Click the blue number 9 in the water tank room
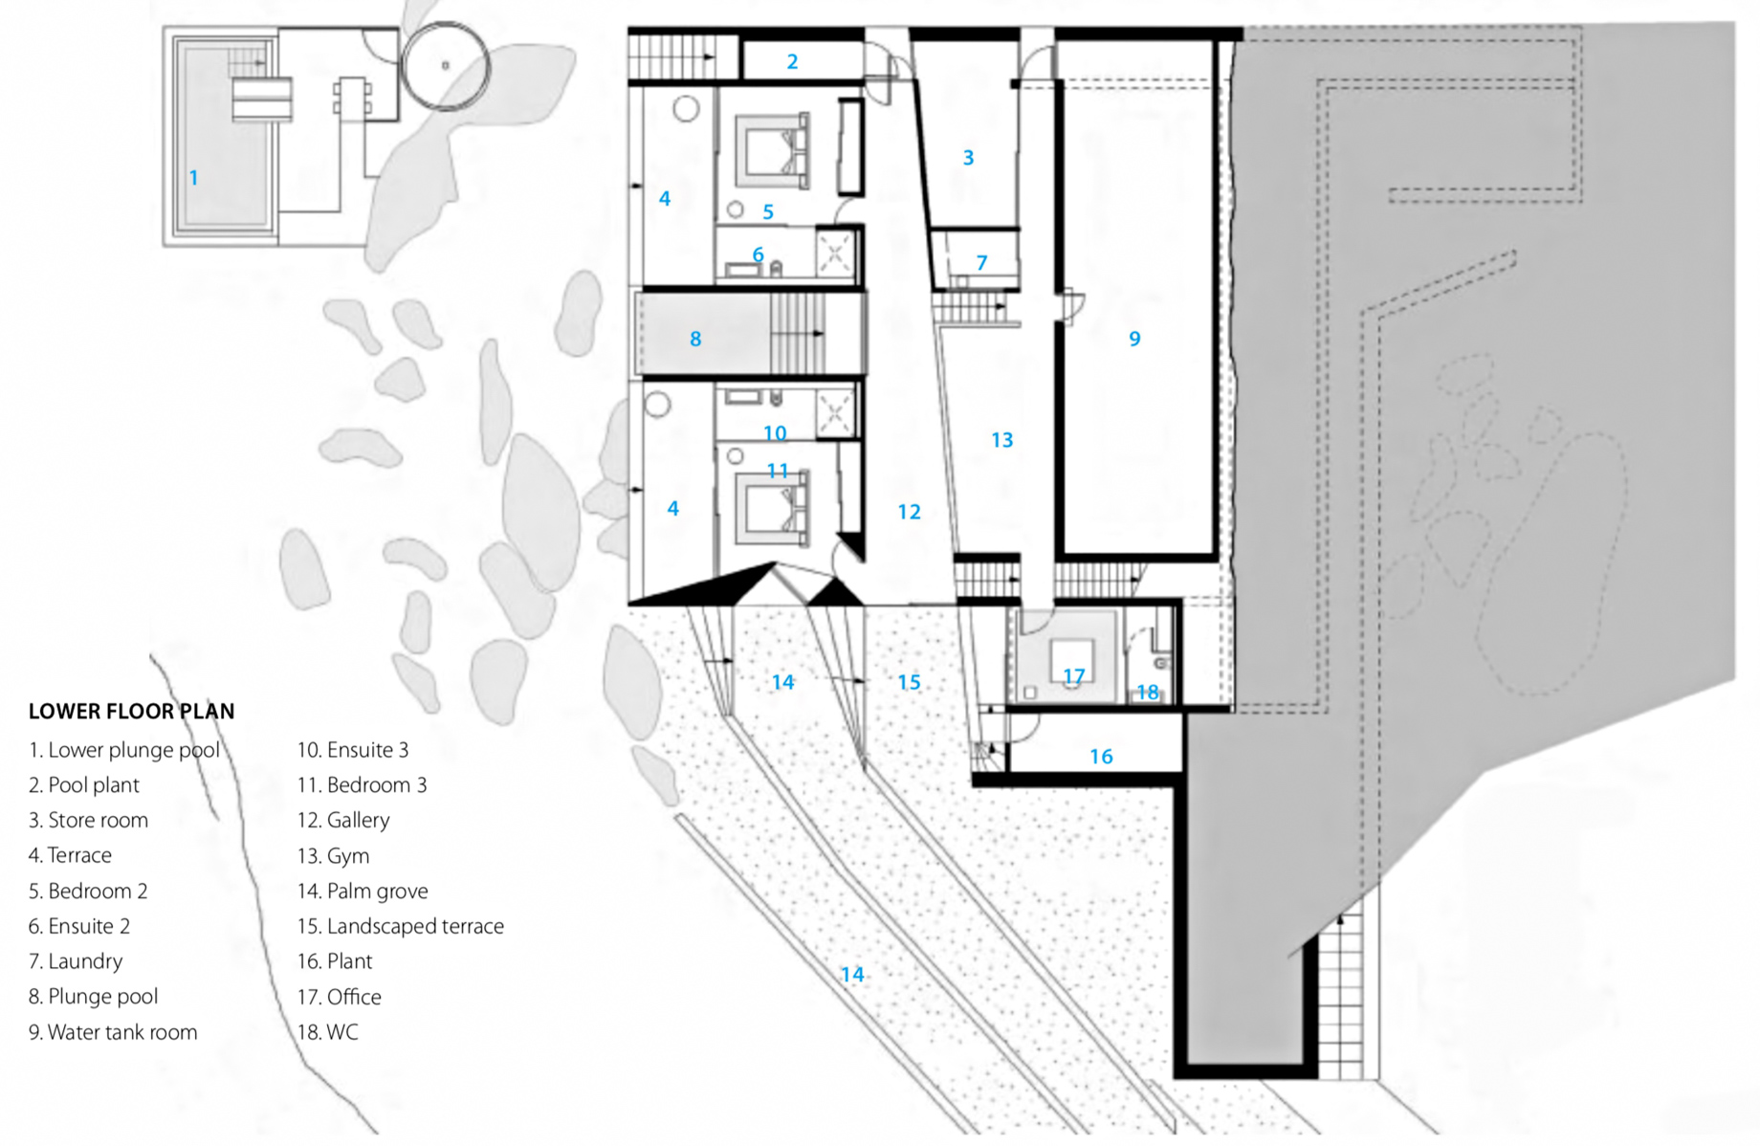click(x=1134, y=339)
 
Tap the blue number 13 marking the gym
click(x=1001, y=440)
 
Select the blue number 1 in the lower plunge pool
click(x=193, y=178)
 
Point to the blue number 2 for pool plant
click(x=792, y=62)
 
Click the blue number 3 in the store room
click(x=968, y=158)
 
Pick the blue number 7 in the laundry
click(x=981, y=263)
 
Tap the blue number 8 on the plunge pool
click(x=695, y=339)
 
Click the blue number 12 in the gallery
click(x=909, y=513)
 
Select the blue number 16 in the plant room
click(x=1101, y=757)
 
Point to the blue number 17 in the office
click(x=1073, y=676)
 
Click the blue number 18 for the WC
click(x=1147, y=692)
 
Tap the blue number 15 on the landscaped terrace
click(x=909, y=682)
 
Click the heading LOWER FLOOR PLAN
click(x=131, y=712)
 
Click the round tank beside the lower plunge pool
click(x=445, y=66)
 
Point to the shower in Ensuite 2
click(x=835, y=254)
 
